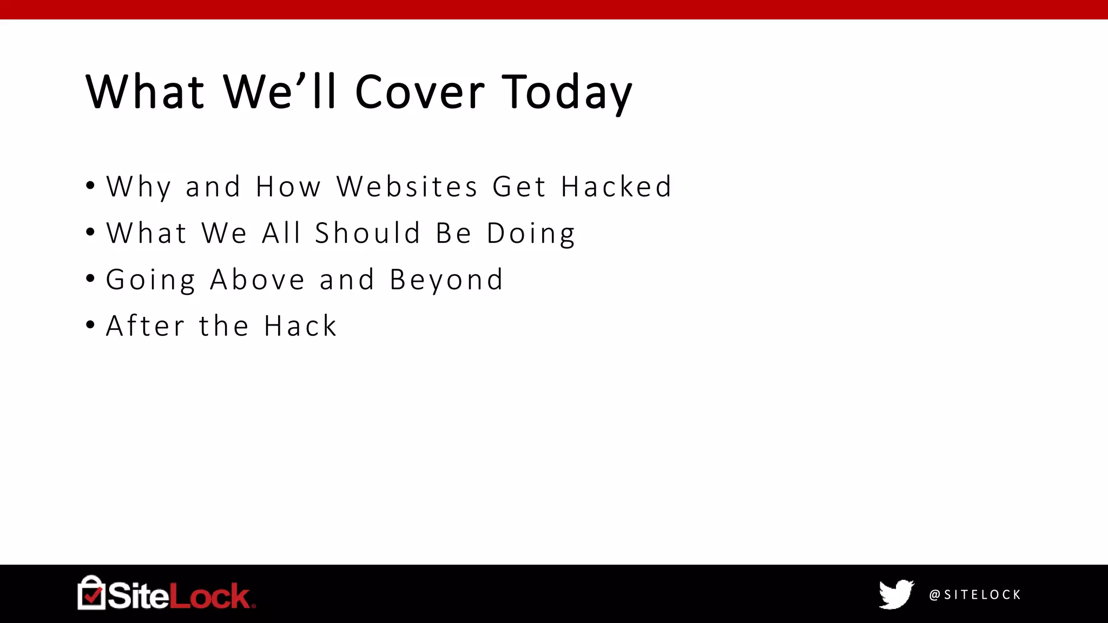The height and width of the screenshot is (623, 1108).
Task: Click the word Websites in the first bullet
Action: [407, 187]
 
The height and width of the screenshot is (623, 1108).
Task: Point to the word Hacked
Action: [616, 187]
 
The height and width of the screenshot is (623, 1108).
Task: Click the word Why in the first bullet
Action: [139, 187]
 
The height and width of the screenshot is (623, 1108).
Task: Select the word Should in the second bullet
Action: [368, 233]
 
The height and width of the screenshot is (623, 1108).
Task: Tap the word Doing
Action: [531, 233]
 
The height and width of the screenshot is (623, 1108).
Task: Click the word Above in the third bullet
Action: [258, 280]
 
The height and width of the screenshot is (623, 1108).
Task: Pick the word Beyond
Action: [446, 280]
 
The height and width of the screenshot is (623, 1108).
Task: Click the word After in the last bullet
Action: [146, 326]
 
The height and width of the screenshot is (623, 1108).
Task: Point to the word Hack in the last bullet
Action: [301, 326]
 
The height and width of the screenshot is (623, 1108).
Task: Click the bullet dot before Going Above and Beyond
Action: [90, 279]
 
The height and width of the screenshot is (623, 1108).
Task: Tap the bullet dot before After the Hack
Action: [90, 326]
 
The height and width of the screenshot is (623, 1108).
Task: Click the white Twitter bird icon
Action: [896, 594]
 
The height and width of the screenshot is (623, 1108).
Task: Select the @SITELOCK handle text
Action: [975, 595]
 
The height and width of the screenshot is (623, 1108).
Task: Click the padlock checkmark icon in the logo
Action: [91, 593]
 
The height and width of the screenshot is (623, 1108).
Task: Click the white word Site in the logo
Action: [138, 596]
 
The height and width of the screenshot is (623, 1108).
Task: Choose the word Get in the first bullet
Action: [519, 187]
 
